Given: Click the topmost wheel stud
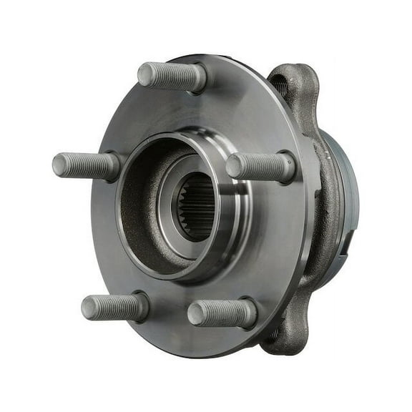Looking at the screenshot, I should [x=172, y=76].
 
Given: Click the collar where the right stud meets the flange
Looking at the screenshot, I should [x=286, y=167].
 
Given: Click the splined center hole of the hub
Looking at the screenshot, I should [x=197, y=207].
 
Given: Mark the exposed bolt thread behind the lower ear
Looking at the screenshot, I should [x=274, y=334].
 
